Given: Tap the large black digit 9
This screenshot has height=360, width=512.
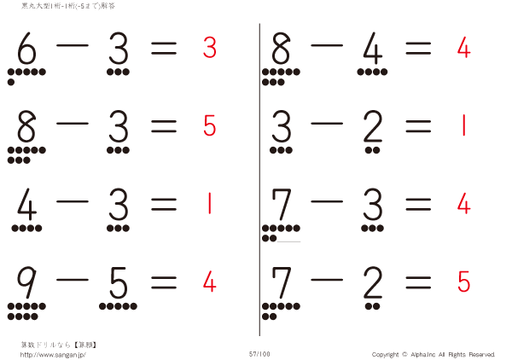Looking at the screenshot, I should click(x=26, y=282).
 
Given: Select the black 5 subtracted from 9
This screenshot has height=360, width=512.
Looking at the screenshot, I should click(x=118, y=282).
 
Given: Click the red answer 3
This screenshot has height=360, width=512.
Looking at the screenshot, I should click(x=209, y=48).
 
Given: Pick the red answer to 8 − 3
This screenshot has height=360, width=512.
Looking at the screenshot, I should click(x=209, y=125).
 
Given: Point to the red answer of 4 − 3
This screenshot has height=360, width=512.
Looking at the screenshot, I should click(x=209, y=203).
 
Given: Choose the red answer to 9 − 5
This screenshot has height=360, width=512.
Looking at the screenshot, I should click(x=209, y=280).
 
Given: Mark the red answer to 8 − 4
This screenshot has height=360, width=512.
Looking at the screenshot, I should click(x=463, y=48).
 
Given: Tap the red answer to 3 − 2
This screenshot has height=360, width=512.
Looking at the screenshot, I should click(x=463, y=125).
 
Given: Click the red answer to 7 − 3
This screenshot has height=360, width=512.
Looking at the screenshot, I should click(x=463, y=203).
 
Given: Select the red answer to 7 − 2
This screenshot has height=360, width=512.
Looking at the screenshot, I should click(x=463, y=280).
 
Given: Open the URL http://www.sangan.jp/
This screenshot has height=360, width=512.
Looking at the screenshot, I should click(x=53, y=354).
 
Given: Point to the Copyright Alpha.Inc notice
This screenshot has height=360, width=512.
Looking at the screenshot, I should click(x=433, y=354).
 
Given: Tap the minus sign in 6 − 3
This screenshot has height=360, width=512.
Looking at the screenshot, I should click(x=73, y=49).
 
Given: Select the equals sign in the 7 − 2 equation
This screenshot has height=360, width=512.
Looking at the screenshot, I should click(x=418, y=281).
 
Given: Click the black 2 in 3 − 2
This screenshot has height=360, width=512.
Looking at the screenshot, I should click(x=372, y=128).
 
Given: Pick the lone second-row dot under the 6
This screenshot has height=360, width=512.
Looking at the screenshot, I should click(x=10, y=83).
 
